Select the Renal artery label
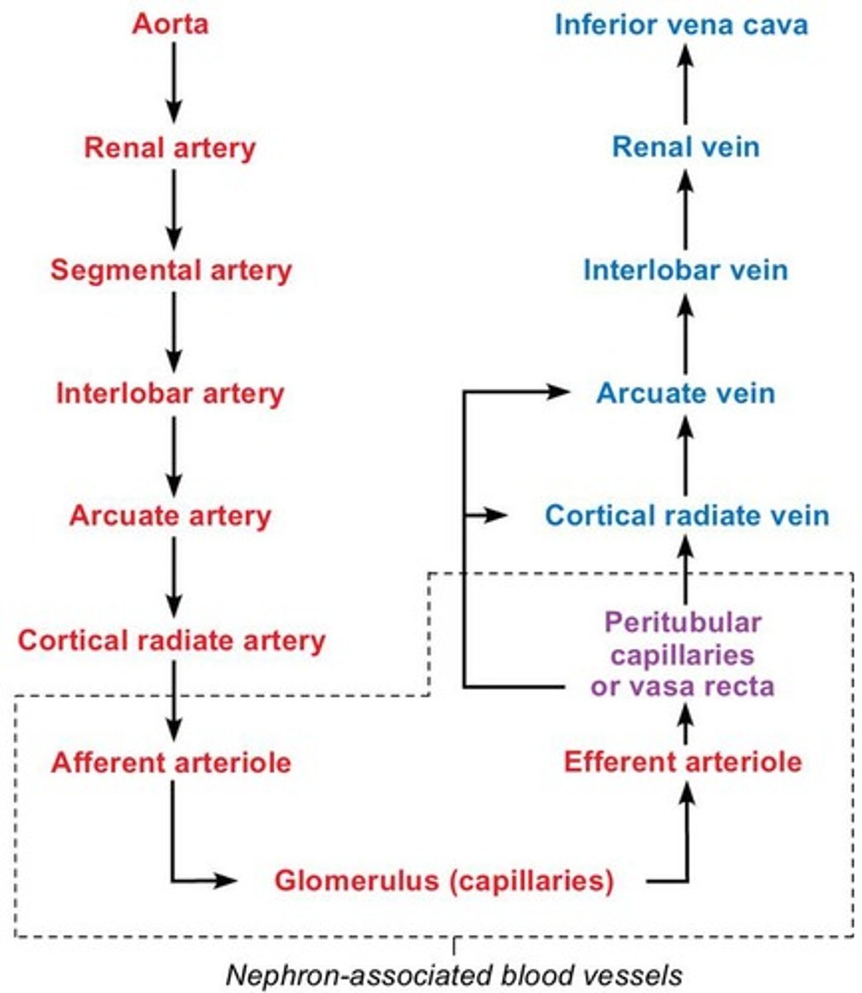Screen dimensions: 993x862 point(170,147)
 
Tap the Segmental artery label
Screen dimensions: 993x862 point(171,270)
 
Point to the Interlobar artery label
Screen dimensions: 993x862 point(170,393)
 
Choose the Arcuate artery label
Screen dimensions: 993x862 point(170,516)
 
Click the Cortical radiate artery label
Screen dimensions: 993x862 point(171,640)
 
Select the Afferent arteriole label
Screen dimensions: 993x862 point(171,761)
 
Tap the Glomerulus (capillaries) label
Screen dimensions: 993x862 point(444,880)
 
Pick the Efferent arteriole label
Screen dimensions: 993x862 point(683,761)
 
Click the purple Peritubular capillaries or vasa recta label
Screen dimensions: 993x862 point(683,654)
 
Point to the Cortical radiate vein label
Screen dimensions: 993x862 point(686,516)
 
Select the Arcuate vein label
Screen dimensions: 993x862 point(686,393)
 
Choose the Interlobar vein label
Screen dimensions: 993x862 point(686,270)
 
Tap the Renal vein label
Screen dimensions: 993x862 point(686,147)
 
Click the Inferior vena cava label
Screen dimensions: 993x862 point(681,23)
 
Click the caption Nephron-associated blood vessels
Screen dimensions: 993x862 point(455,975)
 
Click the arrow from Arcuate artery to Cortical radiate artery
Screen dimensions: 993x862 point(173,577)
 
